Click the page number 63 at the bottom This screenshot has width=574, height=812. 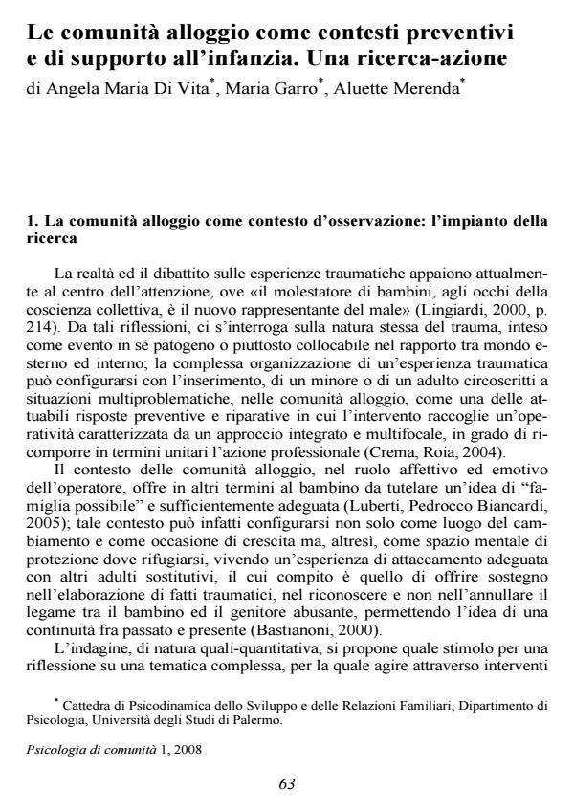(x=287, y=784)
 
